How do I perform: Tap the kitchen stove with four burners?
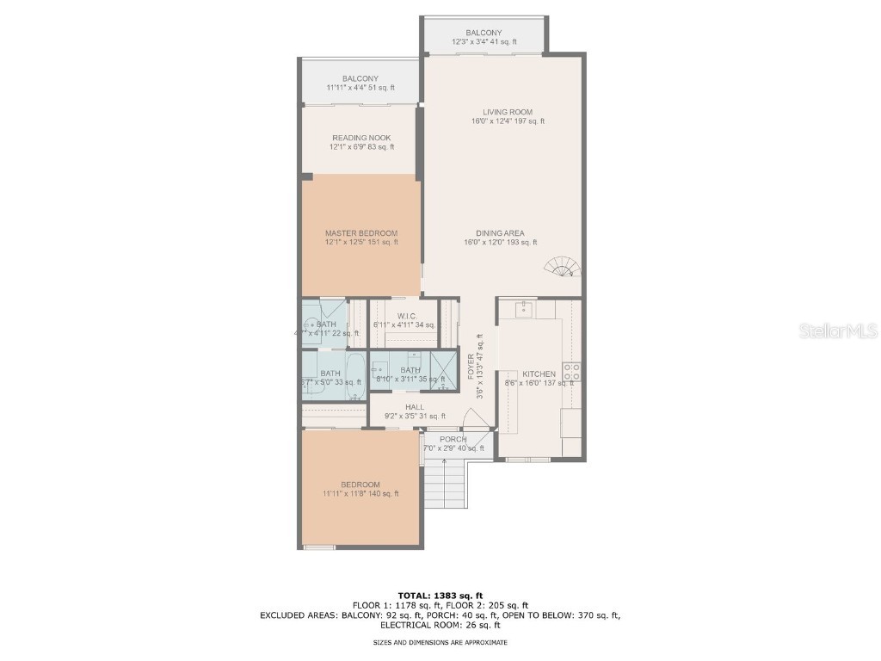571,372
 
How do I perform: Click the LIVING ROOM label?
507,112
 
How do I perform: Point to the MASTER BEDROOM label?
361,233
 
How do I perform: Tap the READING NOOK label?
361,138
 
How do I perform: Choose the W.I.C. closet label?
407,315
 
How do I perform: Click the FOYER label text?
471,368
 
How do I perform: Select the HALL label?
415,407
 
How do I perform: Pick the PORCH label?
453,439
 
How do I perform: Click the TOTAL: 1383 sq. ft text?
440,596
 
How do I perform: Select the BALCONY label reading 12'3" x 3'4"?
484,34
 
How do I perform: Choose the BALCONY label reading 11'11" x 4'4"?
360,78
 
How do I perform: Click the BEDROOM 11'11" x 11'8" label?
360,485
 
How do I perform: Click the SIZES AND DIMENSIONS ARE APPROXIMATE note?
440,642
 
